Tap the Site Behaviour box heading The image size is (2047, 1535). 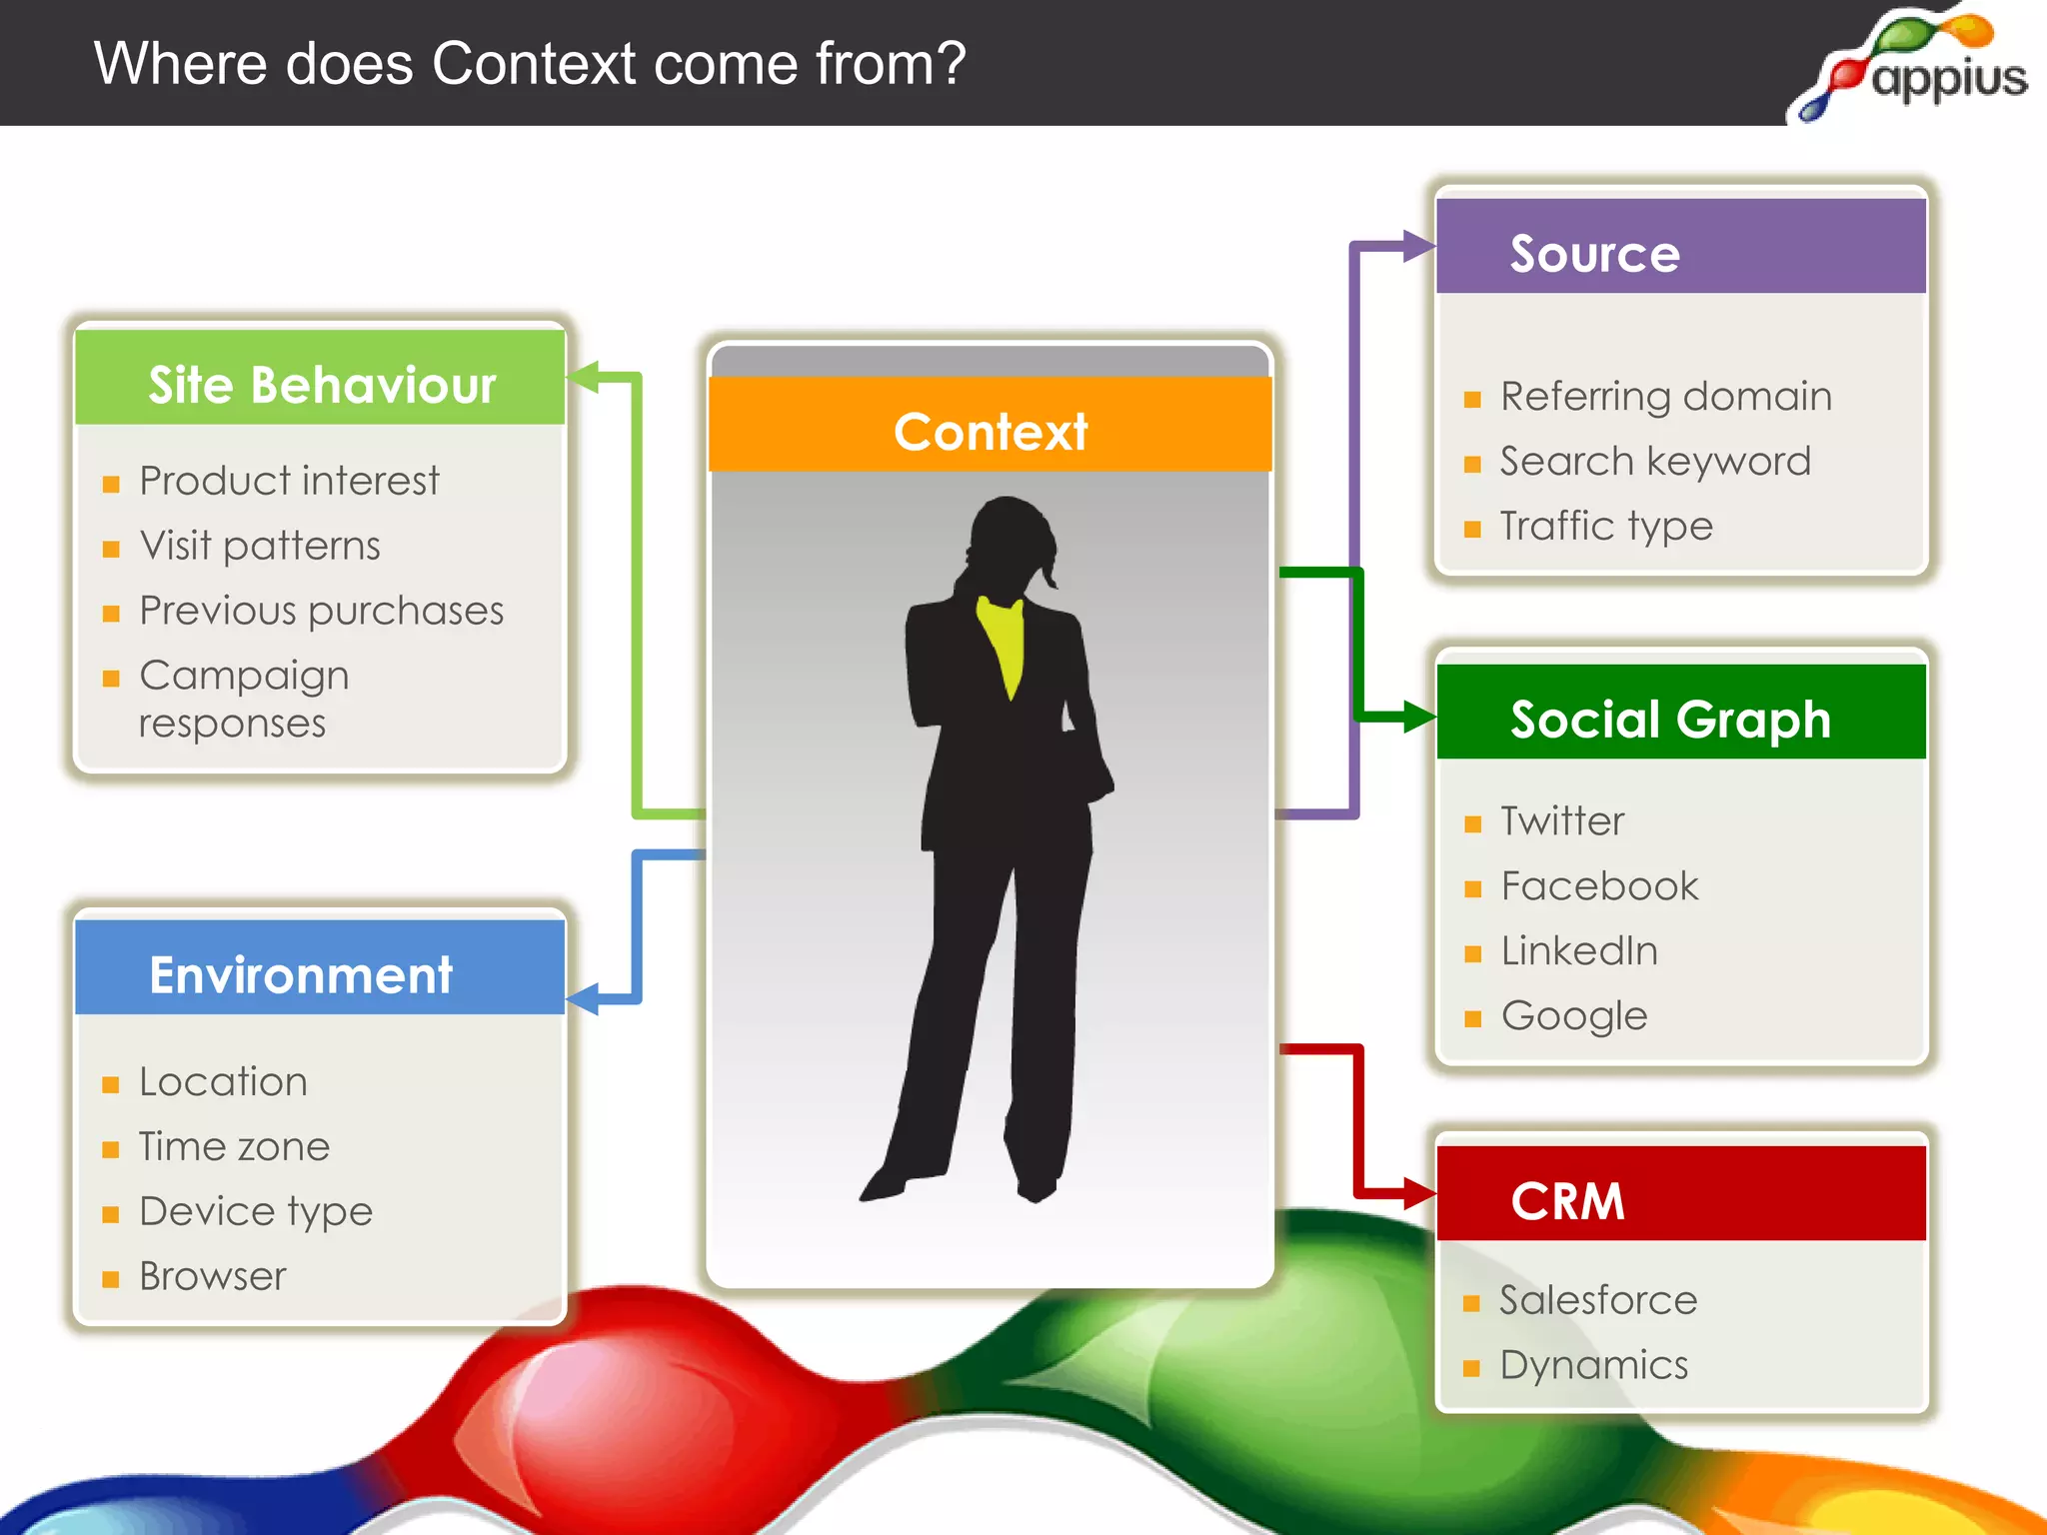321,385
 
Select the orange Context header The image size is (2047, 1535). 990,431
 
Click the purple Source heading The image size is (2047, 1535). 1595,253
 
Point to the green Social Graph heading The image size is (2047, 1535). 1669,719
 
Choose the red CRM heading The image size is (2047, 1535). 1567,1200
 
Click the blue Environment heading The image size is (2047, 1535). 301,974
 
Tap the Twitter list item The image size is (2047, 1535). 1562,821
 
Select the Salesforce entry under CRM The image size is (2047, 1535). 1598,1300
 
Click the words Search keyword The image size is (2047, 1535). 1655,462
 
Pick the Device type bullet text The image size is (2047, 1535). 256,1211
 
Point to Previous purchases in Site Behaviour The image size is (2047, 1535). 321,611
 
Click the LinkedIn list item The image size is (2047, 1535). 1579,951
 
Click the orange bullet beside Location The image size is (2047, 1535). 111,1084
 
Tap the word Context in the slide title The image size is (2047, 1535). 534,64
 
